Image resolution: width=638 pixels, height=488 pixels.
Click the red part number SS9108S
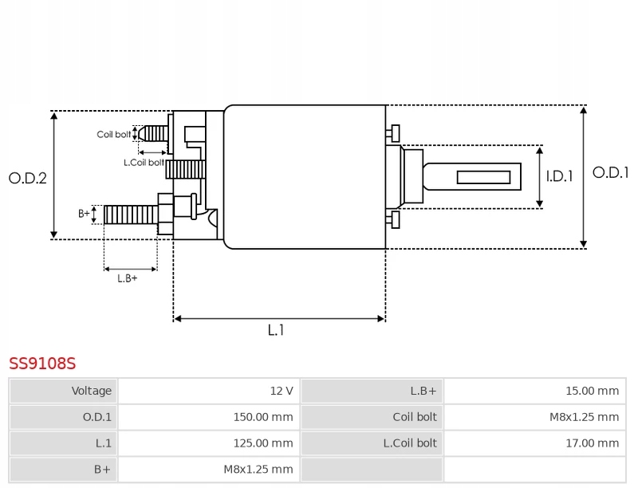(42, 363)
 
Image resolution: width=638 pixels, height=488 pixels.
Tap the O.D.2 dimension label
(28, 178)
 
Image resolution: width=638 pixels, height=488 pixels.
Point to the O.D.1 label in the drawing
(610, 172)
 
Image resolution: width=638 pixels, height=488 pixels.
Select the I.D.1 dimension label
(560, 176)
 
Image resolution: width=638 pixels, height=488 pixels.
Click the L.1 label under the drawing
(276, 330)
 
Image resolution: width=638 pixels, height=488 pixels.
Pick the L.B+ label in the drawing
(128, 278)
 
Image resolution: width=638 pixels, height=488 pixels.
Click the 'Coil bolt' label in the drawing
(114, 134)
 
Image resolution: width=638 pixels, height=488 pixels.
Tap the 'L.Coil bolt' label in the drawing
(144, 162)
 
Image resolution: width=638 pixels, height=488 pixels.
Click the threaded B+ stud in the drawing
(131, 214)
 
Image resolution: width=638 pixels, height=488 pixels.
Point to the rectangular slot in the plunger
(483, 177)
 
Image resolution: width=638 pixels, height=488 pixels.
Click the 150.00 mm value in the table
(263, 417)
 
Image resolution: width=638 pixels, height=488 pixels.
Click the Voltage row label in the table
(92, 391)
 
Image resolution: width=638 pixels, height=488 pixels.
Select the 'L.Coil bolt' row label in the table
(410, 443)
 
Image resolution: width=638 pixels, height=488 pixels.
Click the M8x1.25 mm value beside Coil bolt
(585, 417)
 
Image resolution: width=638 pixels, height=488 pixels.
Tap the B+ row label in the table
(102, 470)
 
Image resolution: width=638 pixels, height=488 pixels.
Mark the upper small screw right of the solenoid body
(393, 133)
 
